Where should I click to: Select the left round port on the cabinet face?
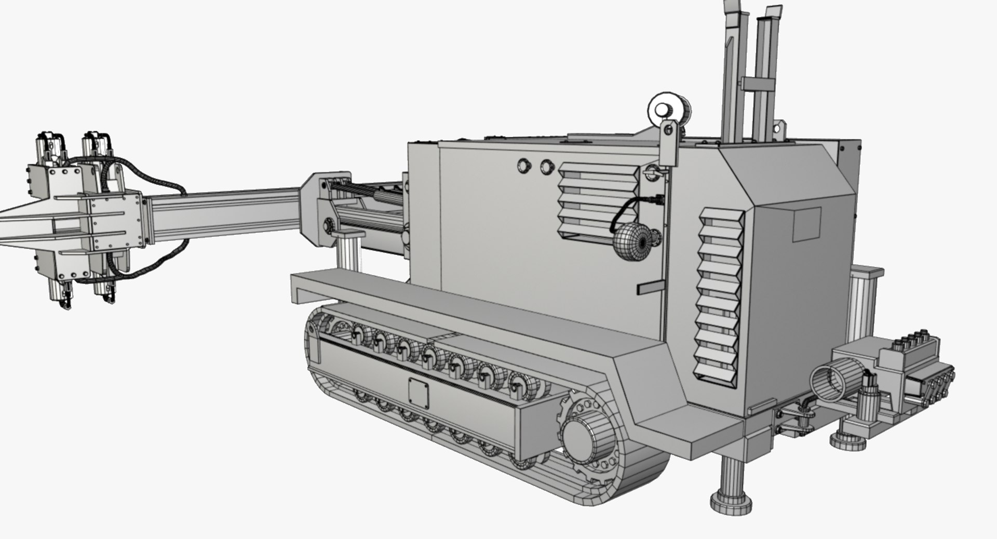(524, 166)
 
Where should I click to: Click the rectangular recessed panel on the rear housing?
(807, 224)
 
